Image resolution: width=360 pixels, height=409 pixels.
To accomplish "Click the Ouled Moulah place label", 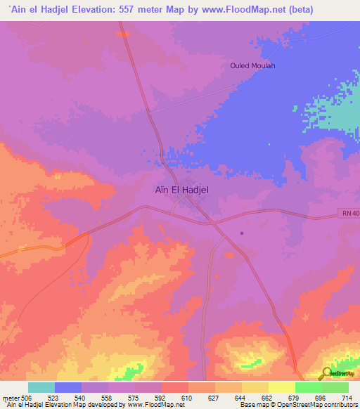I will pyautogui.click(x=252, y=66).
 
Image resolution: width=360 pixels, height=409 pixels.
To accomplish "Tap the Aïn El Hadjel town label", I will pyautogui.click(x=181, y=189).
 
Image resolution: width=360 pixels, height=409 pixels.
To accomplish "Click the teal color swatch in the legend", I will pyautogui.click(x=41, y=387).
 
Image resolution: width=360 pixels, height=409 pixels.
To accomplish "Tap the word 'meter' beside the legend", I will pyautogui.click(x=10, y=397).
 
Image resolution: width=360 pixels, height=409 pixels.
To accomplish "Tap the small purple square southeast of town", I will pyautogui.click(x=241, y=233).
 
